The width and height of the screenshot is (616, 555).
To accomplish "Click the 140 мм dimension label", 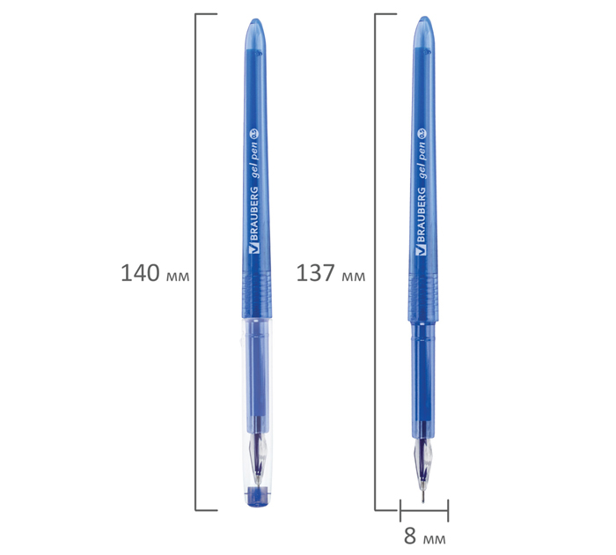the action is pyautogui.click(x=155, y=273).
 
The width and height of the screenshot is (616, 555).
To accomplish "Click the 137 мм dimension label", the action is pyautogui.click(x=330, y=273).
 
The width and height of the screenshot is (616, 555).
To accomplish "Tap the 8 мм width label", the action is pyautogui.click(x=424, y=536).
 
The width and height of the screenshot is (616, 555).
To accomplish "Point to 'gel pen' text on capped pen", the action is pyautogui.click(x=255, y=160).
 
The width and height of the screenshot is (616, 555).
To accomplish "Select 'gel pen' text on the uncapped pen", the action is pyautogui.click(x=422, y=160).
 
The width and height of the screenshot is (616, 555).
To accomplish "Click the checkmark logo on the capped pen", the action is pyautogui.click(x=254, y=249).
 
